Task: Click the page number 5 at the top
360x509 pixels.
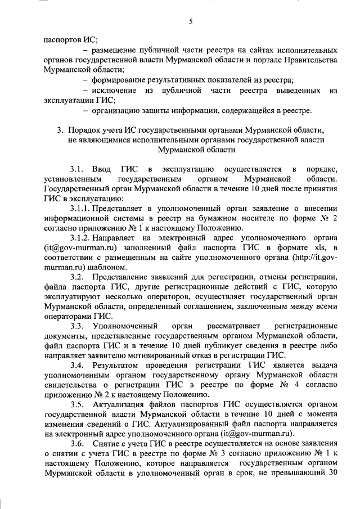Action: coord(190,21)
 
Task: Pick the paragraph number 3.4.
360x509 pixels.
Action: coord(78,365)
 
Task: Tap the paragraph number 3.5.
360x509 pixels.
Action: coord(78,404)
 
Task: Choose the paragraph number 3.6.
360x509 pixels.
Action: coord(78,443)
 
